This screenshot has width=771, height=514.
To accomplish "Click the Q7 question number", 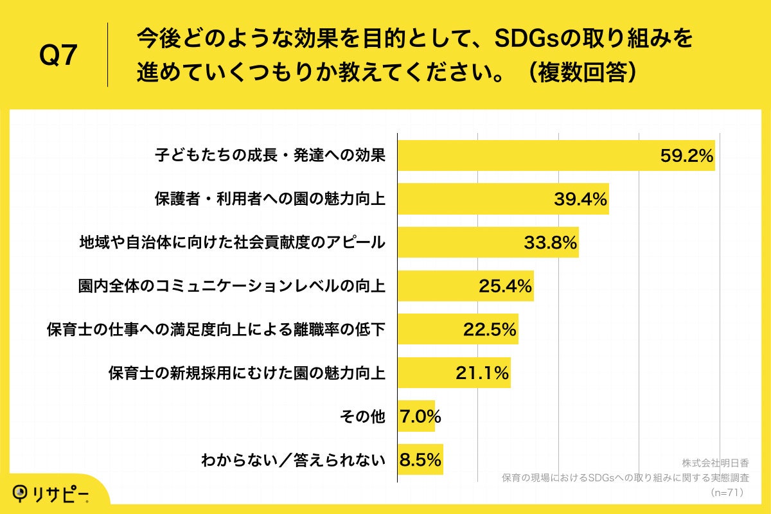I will [x=58, y=56].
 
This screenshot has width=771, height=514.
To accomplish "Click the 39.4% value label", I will [x=580, y=199].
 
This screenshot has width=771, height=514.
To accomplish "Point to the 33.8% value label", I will [x=551, y=243].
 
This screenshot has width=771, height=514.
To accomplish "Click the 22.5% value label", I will [x=490, y=330].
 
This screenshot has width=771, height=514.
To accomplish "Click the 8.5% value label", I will [x=420, y=460].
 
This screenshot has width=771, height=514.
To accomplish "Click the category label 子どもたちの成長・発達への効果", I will [x=270, y=155].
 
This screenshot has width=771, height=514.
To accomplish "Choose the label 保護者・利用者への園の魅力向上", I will [x=270, y=199].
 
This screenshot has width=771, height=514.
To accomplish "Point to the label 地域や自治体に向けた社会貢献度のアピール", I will [x=232, y=243].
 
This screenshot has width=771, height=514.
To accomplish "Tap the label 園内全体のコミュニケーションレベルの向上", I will [x=232, y=286].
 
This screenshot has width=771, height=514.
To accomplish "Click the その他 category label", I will [x=362, y=416].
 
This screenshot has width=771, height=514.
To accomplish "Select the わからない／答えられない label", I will [x=293, y=460].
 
